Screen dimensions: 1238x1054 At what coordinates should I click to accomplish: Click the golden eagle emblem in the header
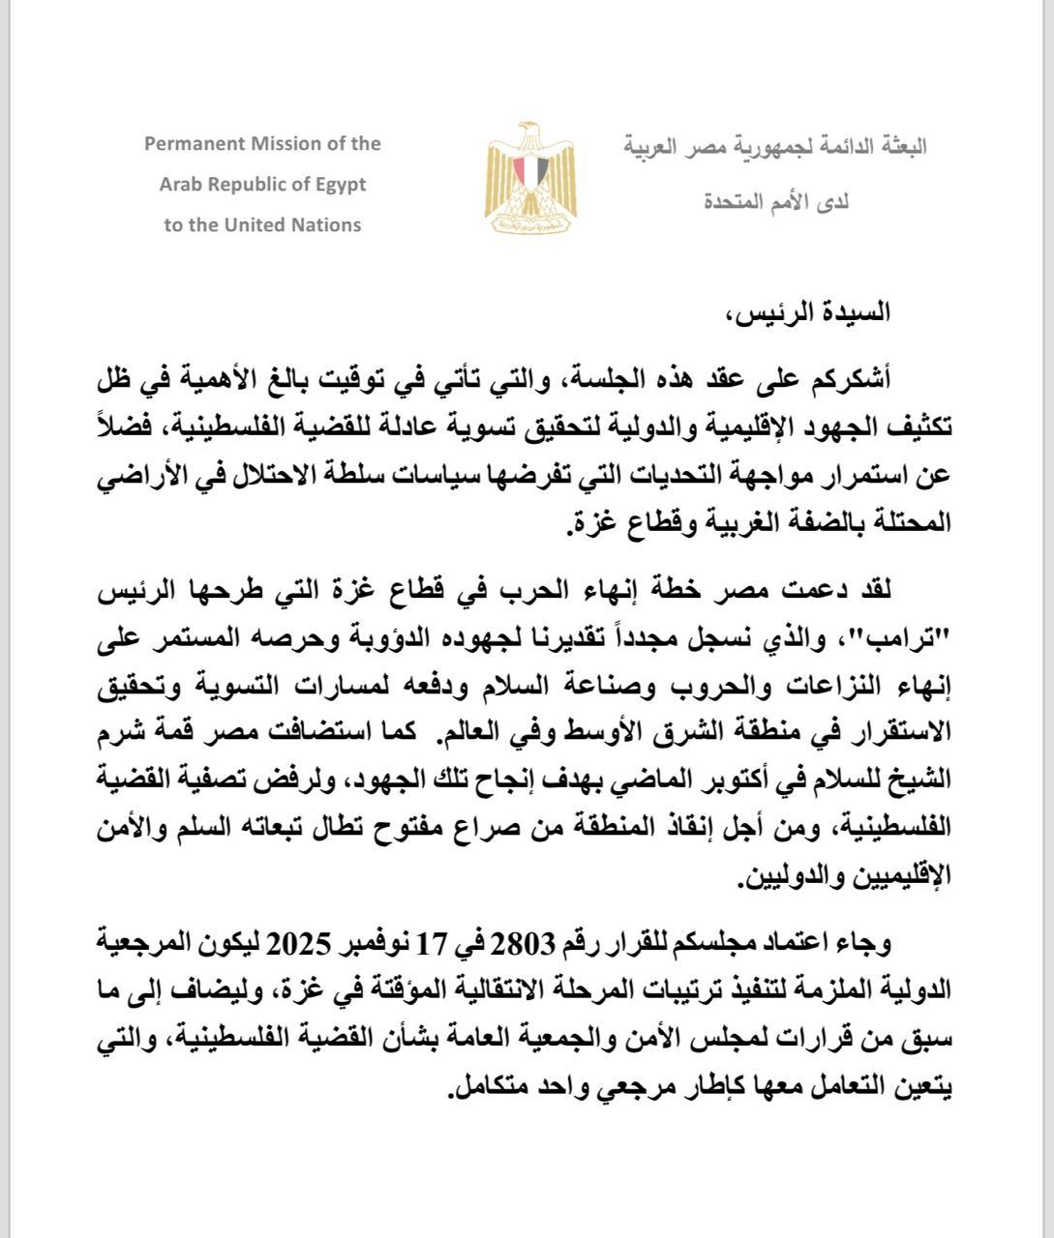[x=526, y=178]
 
